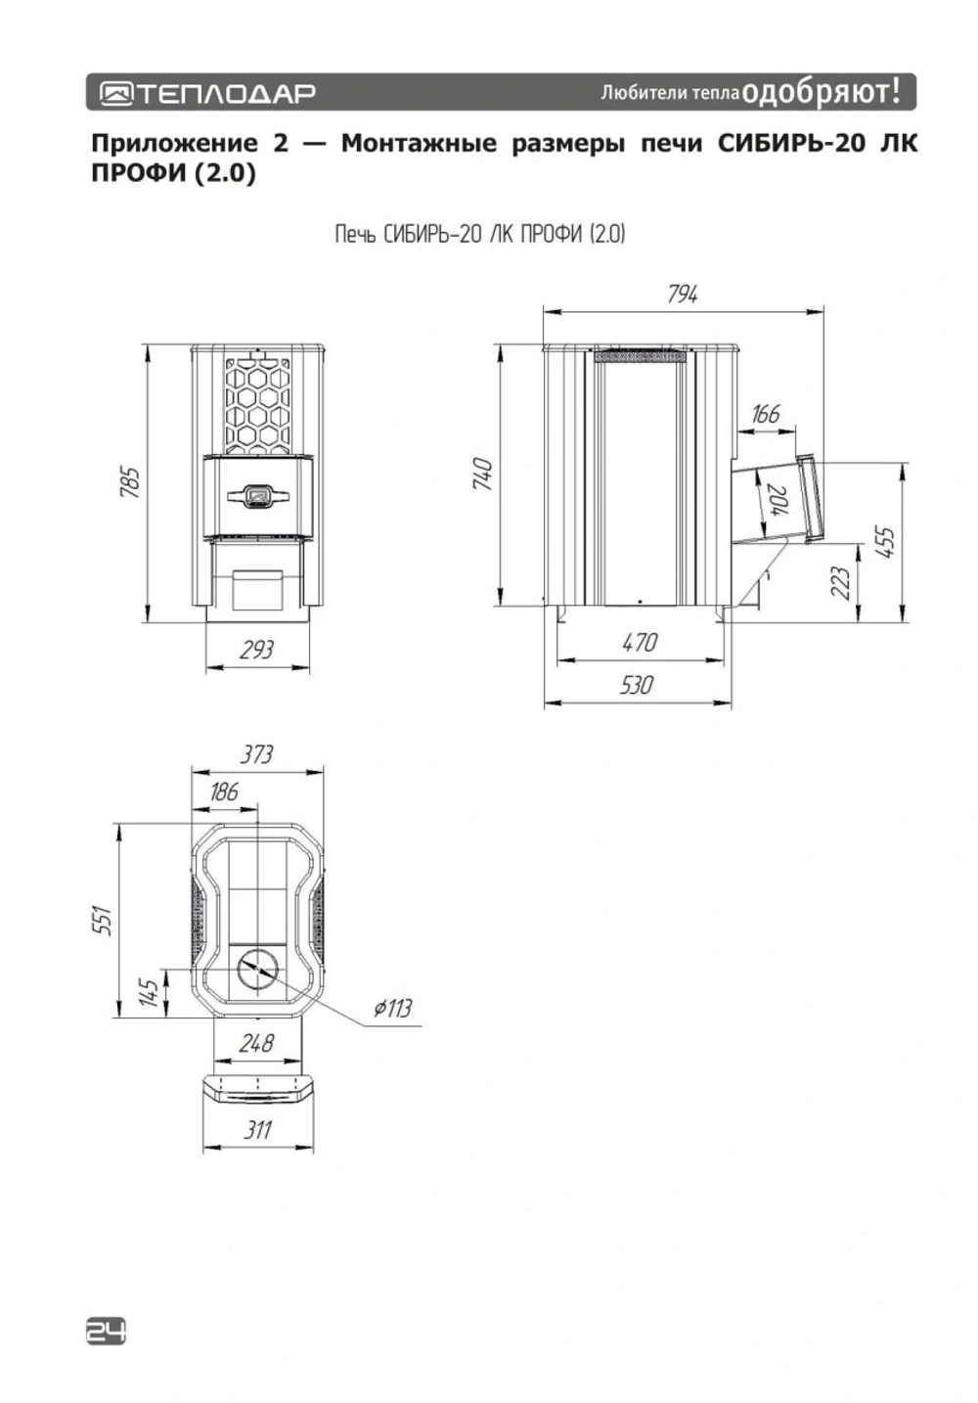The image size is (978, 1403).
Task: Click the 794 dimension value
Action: click(682, 294)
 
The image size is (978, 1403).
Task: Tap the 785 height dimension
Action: click(130, 481)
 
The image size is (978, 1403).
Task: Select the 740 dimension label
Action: click(483, 474)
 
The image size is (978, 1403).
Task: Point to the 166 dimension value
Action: click(765, 414)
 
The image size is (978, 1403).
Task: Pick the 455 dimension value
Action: click(886, 542)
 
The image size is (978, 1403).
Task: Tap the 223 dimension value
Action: click(841, 582)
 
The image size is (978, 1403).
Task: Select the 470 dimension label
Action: click(640, 643)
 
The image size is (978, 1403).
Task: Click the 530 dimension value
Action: click(636, 685)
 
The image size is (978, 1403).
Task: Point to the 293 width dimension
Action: click(256, 650)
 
